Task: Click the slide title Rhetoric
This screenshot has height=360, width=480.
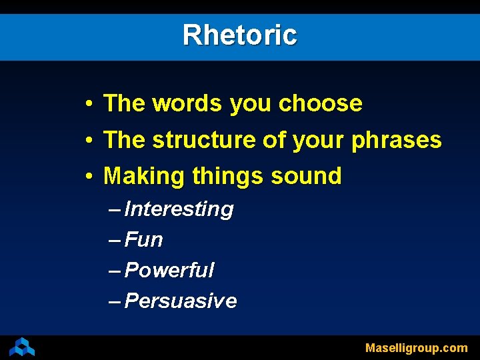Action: point(240,35)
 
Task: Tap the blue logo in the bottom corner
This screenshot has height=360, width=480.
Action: point(22,347)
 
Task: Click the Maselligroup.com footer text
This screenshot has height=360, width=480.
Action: point(416,348)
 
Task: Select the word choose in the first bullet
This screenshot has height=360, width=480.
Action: point(320,104)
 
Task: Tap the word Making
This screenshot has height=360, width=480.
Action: point(145,176)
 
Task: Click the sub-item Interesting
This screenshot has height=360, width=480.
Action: point(179,209)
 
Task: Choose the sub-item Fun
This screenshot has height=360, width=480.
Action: point(144,240)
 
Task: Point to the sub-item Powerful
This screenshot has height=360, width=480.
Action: point(169,270)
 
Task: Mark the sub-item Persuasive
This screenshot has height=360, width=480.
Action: point(181,301)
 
